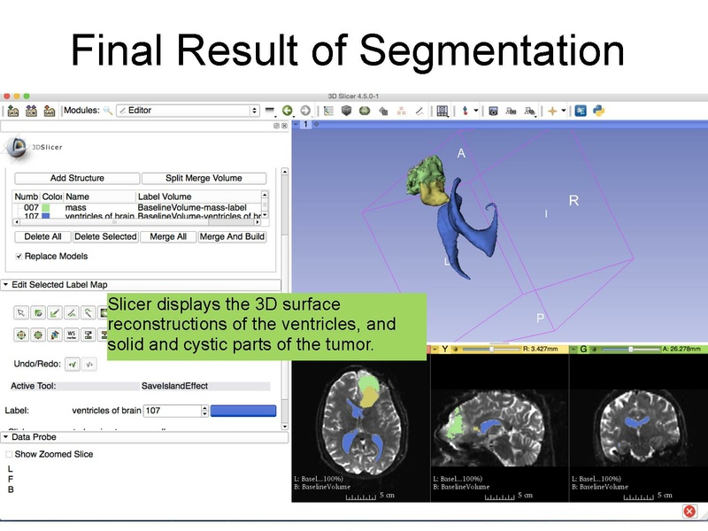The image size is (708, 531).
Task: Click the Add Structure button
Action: pos(77,178)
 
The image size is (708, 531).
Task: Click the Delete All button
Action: pos(43,237)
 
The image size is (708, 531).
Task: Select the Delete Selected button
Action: pos(105,237)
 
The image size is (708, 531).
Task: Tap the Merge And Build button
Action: pos(232,237)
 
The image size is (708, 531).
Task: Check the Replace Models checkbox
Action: pos(19,257)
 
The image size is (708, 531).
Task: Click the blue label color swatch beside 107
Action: pos(242,411)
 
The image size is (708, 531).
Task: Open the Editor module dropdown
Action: pos(188,111)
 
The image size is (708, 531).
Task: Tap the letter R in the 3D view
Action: pos(573,201)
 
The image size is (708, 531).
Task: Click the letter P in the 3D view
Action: pos(539,318)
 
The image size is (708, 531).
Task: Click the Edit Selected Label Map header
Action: pos(58,285)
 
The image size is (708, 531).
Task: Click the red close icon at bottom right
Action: pos(689,512)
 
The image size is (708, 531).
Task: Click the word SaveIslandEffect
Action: pos(174,386)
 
